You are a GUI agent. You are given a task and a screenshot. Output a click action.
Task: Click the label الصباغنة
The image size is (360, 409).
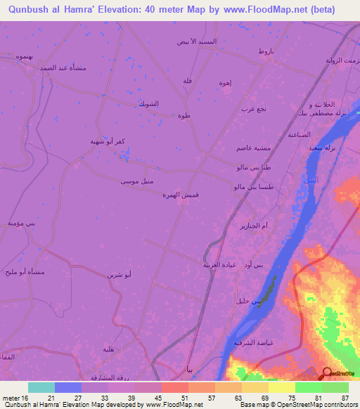pos(299,134)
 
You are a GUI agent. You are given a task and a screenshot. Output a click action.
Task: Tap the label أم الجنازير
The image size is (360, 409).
pos(255,226)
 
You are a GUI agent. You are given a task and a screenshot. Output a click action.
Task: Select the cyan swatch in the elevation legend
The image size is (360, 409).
pos(41,387)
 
